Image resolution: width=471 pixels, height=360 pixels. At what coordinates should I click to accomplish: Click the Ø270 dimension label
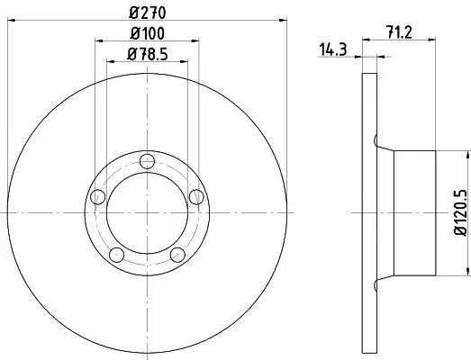pos(147,13)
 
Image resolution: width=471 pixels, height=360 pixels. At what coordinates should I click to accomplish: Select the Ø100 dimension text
pos(147,33)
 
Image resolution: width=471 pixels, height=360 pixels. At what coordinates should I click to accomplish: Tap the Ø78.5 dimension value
pos(147,54)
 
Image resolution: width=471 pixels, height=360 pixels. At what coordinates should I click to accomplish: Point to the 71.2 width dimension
pos(399,32)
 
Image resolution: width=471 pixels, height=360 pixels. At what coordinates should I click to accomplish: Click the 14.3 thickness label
pos(332,49)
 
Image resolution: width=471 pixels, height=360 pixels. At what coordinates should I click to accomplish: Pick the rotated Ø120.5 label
pos(460,212)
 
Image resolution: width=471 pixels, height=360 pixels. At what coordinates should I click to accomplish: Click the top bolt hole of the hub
pos(147,161)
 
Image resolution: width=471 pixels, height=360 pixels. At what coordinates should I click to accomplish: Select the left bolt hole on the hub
pos(97,197)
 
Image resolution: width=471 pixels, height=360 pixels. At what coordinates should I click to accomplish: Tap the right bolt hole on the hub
pos(196,197)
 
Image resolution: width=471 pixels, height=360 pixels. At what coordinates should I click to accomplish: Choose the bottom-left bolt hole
pos(116,255)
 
